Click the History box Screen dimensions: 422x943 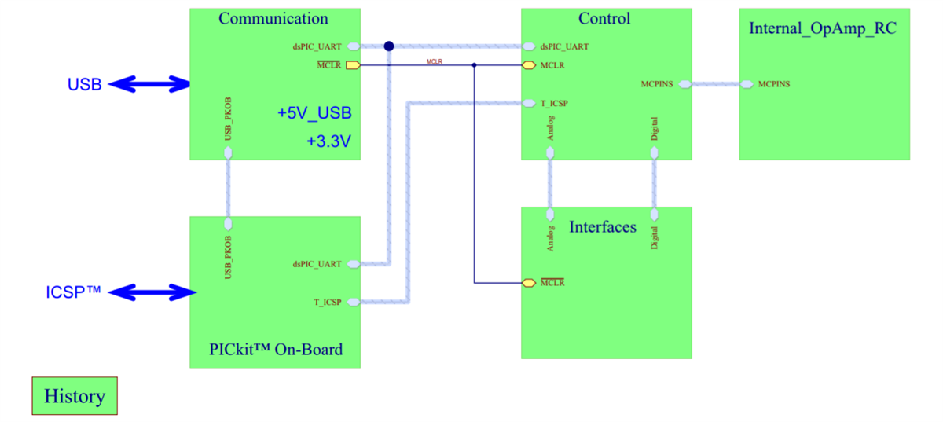[74, 395]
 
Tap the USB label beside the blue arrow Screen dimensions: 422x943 [84, 85]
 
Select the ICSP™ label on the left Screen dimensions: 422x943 [73, 292]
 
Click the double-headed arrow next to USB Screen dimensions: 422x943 [149, 84]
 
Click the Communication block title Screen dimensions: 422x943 [273, 18]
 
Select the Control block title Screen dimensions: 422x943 [604, 18]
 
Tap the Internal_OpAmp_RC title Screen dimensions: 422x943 [823, 28]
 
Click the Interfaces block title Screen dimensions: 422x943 [603, 226]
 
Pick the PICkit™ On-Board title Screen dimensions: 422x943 [276, 349]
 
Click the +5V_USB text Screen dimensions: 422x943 [314, 113]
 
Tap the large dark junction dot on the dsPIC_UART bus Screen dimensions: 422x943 [388, 46]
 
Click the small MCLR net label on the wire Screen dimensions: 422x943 [435, 61]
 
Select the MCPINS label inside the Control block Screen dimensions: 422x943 [656, 84]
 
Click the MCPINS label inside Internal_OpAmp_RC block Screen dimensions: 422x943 [774, 84]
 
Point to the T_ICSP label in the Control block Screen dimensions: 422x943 [554, 103]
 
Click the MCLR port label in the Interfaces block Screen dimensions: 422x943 [552, 282]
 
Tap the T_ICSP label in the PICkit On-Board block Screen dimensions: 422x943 [328, 302]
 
